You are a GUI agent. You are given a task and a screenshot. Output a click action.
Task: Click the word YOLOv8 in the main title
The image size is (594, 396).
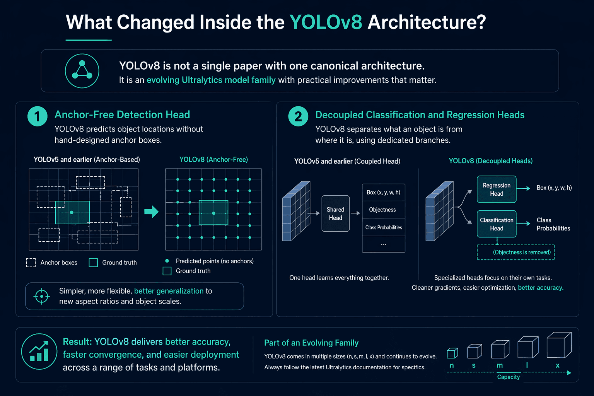point(326,22)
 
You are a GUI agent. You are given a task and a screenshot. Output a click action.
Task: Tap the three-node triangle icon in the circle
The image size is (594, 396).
point(82,71)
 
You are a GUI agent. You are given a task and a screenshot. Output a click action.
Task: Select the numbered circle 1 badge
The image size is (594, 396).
point(38,116)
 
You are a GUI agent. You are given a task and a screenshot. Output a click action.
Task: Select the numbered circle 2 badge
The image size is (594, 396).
point(298,116)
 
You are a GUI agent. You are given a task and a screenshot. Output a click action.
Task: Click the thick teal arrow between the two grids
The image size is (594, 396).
point(152,212)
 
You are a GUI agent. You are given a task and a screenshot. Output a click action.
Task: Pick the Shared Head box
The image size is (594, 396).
point(335,213)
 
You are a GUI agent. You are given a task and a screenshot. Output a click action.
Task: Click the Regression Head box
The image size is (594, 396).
point(497,189)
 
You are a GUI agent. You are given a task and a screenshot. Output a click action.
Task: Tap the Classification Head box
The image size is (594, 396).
point(497,224)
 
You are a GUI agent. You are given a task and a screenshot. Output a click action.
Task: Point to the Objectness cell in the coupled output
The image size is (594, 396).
point(384,210)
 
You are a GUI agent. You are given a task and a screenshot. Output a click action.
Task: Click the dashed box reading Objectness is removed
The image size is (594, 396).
point(515,252)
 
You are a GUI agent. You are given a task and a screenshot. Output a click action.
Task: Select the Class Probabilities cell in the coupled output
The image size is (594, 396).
point(384,227)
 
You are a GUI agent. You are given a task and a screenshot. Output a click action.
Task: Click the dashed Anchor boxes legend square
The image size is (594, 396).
point(31,263)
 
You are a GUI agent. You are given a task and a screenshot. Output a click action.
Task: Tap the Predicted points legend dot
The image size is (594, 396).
point(167,261)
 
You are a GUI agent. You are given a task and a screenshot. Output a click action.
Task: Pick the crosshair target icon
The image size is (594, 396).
point(42,296)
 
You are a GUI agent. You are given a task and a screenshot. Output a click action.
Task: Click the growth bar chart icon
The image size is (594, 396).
point(39,352)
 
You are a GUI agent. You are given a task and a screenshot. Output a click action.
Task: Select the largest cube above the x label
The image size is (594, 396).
point(559,345)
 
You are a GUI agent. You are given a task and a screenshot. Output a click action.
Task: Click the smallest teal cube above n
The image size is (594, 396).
point(452,353)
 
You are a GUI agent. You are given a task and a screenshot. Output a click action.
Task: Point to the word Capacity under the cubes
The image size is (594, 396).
point(509,377)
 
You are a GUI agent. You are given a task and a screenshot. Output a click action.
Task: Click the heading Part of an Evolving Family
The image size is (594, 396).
point(311,343)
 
